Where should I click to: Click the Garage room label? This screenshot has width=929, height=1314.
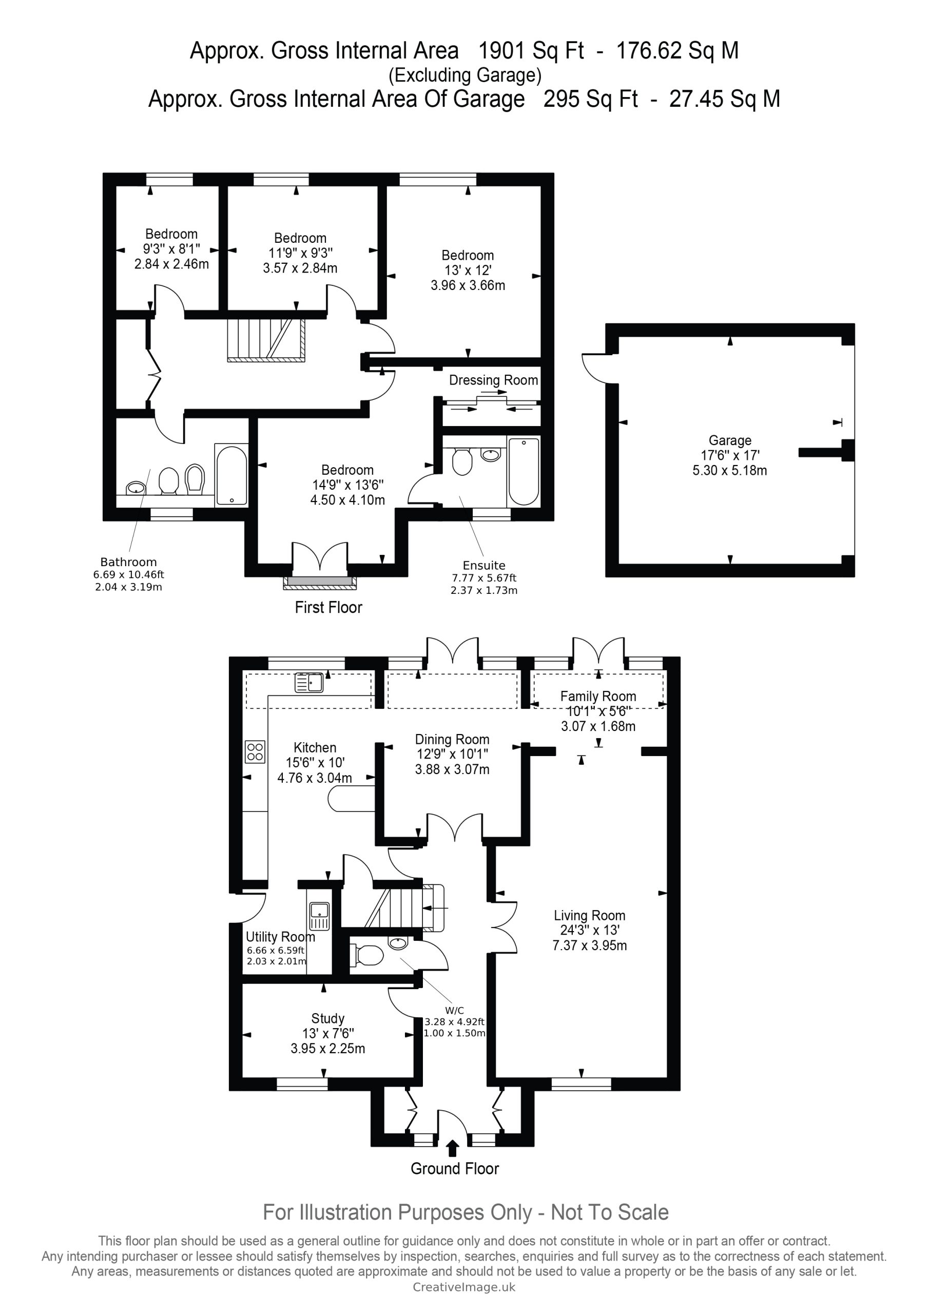pyautogui.click(x=730, y=441)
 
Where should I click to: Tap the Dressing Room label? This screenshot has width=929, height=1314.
pyautogui.click(x=493, y=380)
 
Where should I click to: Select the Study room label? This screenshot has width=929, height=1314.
pyautogui.click(x=328, y=1019)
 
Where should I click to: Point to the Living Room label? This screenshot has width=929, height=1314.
pyautogui.click(x=590, y=916)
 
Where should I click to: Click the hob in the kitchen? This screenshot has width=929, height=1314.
pyautogui.click(x=255, y=752)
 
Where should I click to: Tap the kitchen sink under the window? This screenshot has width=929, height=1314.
pyautogui.click(x=309, y=683)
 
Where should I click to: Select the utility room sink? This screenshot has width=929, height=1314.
pyautogui.click(x=319, y=916)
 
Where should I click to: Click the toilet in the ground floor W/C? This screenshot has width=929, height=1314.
pyautogui.click(x=369, y=955)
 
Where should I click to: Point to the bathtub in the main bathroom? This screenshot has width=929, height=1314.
pyautogui.click(x=231, y=475)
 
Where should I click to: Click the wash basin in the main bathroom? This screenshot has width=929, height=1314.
pyautogui.click(x=136, y=488)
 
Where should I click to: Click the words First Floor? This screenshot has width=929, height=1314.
pyautogui.click(x=328, y=607)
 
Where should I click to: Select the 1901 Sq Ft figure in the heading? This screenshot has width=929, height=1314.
pyautogui.click(x=531, y=51)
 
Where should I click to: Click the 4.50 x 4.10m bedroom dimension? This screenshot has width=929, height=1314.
pyautogui.click(x=347, y=500)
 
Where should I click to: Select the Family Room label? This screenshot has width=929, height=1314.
pyautogui.click(x=598, y=697)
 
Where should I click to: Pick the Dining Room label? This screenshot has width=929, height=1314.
pyautogui.click(x=452, y=740)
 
